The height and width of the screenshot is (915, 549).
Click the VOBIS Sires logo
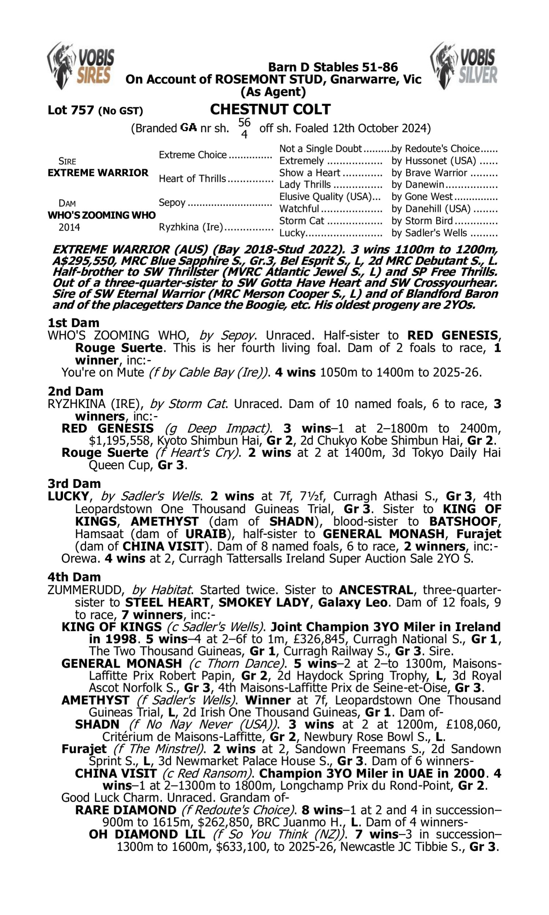tap(81, 66)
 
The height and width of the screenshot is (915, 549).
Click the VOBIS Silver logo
tap(464, 66)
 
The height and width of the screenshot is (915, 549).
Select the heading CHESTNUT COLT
tap(270, 109)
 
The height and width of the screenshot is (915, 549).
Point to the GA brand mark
tap(188, 128)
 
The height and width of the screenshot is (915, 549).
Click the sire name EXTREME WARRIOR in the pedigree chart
tap(98, 173)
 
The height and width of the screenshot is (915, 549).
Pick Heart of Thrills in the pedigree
tap(192, 179)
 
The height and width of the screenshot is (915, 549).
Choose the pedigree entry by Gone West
tap(422, 197)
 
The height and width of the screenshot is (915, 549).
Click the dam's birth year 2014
tap(69, 227)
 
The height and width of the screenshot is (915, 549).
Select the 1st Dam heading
tap(73, 323)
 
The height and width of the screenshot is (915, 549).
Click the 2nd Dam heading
tap(75, 391)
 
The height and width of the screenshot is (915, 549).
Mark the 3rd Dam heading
tap(74, 484)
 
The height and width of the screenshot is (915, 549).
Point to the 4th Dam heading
tap(74, 577)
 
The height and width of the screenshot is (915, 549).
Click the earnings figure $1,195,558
tap(120, 441)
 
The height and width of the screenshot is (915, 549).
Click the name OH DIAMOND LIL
tap(147, 834)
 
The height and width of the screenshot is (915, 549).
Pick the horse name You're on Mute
tap(102, 373)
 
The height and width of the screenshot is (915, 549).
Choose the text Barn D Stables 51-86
tap(333, 67)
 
